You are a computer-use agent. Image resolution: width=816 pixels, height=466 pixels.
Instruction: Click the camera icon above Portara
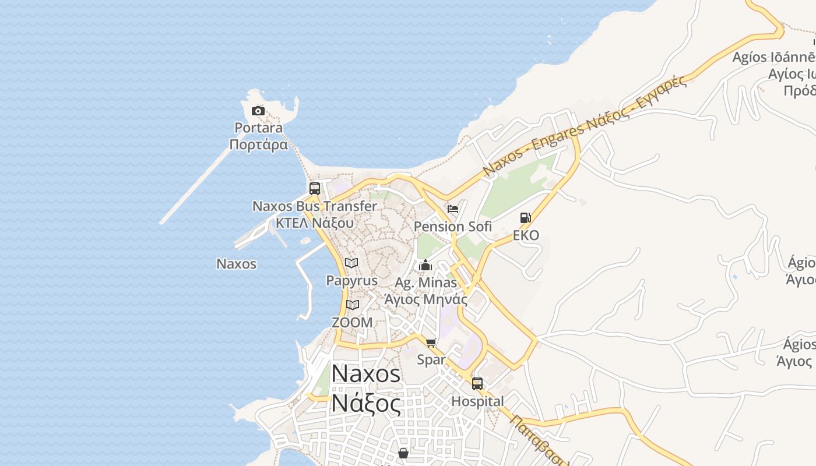[x=258, y=111]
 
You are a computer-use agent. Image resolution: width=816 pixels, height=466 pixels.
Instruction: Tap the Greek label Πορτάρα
[x=259, y=144]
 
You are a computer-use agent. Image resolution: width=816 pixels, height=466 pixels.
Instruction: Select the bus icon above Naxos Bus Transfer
[x=315, y=189]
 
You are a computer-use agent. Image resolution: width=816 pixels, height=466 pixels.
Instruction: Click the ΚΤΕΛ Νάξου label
[x=315, y=223]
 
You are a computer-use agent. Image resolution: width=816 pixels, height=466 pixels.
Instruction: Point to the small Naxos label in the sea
[x=236, y=264]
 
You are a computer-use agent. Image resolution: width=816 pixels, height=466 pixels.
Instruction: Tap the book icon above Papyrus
[x=351, y=263]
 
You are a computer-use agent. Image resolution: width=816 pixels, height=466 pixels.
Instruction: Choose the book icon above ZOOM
[x=352, y=305]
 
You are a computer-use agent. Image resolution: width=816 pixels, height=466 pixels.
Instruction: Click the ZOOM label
[x=352, y=322]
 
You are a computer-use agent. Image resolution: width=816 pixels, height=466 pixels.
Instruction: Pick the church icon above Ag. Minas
[x=425, y=266]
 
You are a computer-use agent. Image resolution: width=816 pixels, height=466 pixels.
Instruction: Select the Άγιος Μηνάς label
[x=425, y=299]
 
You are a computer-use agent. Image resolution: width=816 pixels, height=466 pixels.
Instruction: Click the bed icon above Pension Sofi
[x=453, y=209]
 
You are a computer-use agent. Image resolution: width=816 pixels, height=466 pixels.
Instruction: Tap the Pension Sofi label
[x=453, y=227]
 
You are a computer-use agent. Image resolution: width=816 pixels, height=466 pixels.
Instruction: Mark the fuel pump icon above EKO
[x=526, y=218]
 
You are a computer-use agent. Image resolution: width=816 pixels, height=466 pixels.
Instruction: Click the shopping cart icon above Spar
[x=431, y=343]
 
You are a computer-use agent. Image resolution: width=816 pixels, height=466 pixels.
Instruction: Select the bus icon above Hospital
[x=477, y=384]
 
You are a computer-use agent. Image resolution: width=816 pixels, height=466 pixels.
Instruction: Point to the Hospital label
[x=477, y=401]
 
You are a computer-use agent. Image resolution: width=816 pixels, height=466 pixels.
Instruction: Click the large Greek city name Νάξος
[x=366, y=403]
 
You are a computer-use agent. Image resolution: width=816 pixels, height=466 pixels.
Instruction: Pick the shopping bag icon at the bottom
[x=403, y=453]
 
